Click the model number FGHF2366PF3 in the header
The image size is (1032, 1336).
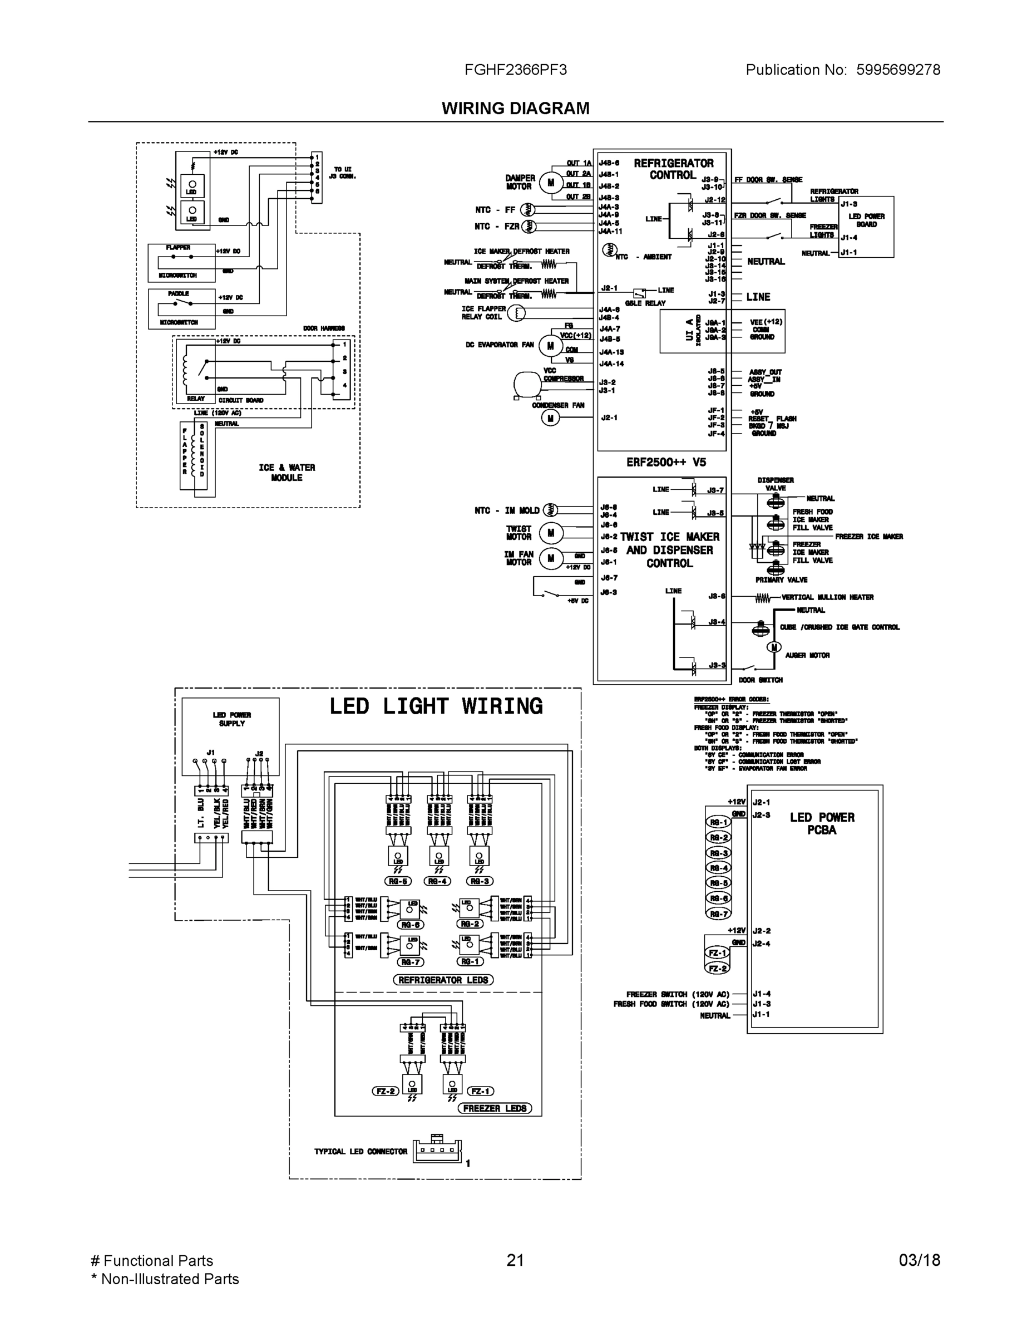(x=515, y=70)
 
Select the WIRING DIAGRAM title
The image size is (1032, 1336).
(x=515, y=109)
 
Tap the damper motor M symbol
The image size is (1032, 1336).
(x=550, y=182)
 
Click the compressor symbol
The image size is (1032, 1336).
(x=527, y=385)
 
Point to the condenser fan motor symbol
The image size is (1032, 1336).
(x=550, y=418)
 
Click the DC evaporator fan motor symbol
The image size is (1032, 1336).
(x=550, y=346)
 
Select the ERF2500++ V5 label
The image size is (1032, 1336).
(x=666, y=463)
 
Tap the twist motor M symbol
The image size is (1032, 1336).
(x=550, y=533)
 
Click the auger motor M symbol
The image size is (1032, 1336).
(x=774, y=647)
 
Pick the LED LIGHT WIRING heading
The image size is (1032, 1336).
(x=436, y=706)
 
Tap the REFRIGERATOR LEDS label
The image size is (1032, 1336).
(x=443, y=979)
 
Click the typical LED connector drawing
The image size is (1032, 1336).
(x=436, y=1151)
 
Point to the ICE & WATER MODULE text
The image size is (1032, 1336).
(x=287, y=472)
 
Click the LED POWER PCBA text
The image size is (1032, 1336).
(x=822, y=823)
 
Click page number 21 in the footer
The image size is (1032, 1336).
(x=515, y=1260)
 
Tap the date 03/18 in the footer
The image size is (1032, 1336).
(x=919, y=1260)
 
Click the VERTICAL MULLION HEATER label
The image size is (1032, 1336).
(x=827, y=597)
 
